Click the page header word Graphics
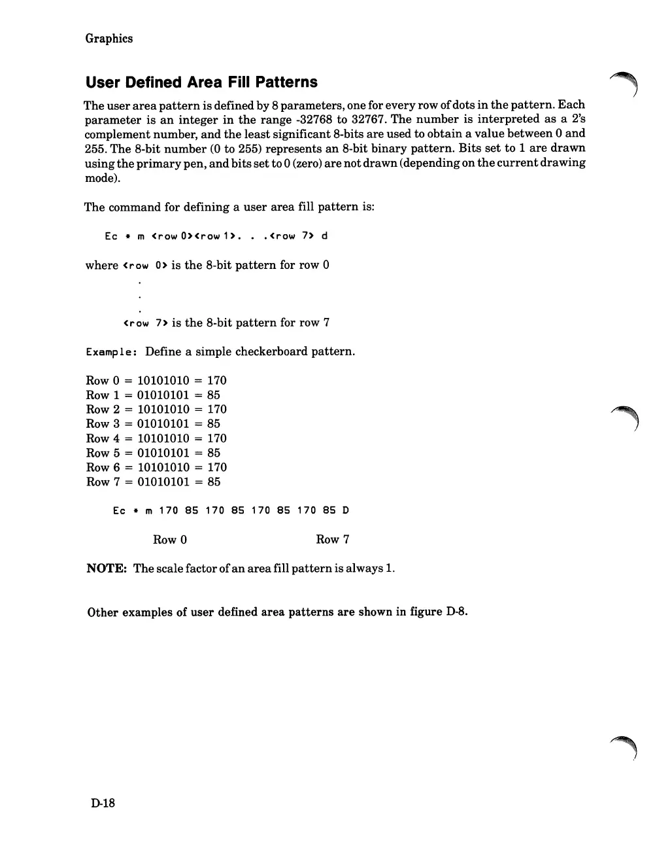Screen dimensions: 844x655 click(x=109, y=39)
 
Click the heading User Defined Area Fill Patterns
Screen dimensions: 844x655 click(x=201, y=82)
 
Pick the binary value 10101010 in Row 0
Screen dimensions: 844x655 click(x=163, y=381)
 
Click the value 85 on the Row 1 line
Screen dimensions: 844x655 click(x=214, y=395)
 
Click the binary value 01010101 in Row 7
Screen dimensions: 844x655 click(x=163, y=482)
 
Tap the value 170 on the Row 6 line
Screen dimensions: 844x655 click(x=217, y=468)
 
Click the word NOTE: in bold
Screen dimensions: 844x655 click(x=107, y=569)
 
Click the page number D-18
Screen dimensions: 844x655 click(x=103, y=803)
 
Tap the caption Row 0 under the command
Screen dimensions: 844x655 click(x=170, y=540)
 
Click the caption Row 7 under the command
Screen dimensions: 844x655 click(x=333, y=540)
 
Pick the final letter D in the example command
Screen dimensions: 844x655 click(x=346, y=511)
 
